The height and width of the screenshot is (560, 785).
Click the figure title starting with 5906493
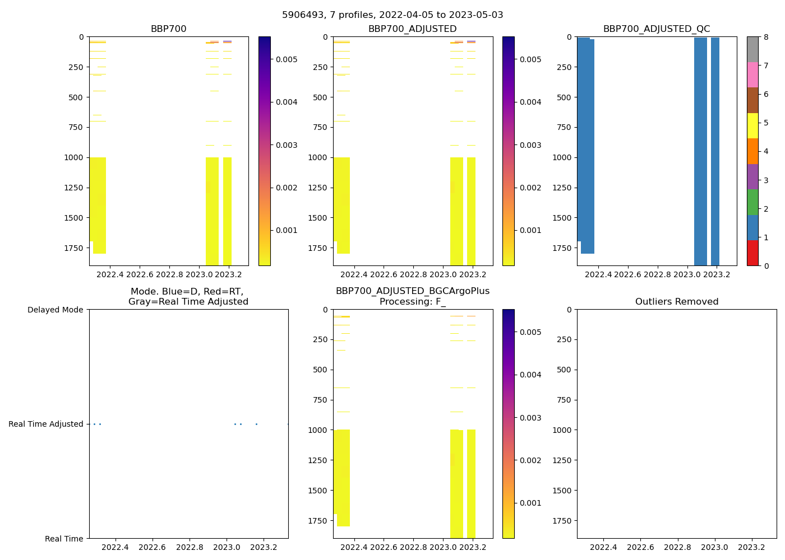pyautogui.click(x=392, y=15)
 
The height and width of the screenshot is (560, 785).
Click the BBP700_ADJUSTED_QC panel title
pyautogui.click(x=657, y=29)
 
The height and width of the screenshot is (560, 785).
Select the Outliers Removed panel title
pyautogui.click(x=677, y=302)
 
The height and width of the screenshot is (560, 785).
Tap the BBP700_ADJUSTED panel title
pyautogui.click(x=412, y=29)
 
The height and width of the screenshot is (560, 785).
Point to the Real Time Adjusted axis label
pyautogui.click(x=46, y=424)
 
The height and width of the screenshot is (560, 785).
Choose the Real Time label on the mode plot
pyautogui.click(x=64, y=539)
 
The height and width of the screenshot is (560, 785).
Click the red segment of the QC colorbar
pyautogui.click(x=752, y=253)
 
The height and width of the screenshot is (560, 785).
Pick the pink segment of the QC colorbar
pyautogui.click(x=752, y=74)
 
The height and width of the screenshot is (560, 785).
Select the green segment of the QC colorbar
pyautogui.click(x=752, y=202)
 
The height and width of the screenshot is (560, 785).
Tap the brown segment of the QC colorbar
pyautogui.click(x=752, y=100)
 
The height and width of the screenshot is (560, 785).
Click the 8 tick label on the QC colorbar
pyautogui.click(x=766, y=37)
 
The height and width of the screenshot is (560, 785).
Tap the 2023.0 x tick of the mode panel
pyautogui.click(x=227, y=547)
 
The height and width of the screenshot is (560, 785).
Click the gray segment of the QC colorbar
pyautogui.click(x=752, y=49)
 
